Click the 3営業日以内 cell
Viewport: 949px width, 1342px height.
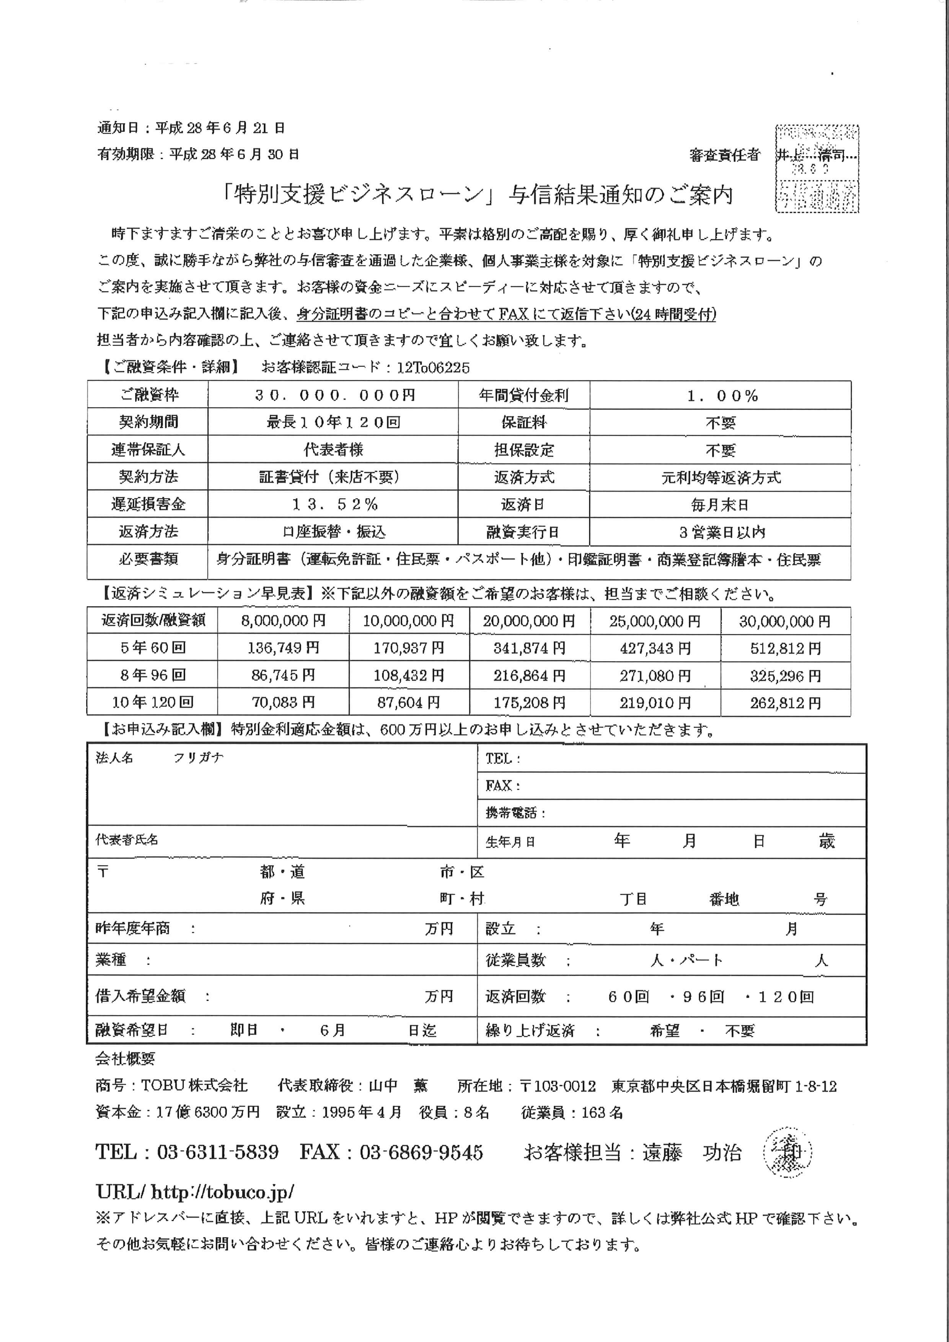pyautogui.click(x=722, y=532)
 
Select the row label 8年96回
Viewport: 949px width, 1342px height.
pyautogui.click(x=153, y=675)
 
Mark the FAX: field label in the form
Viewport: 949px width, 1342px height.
pyautogui.click(x=502, y=786)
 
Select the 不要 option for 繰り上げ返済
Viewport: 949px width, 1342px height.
pyautogui.click(x=739, y=1031)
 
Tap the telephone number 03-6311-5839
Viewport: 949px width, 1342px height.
pyautogui.click(x=217, y=1152)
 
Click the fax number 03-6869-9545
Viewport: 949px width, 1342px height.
pyautogui.click(x=421, y=1152)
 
